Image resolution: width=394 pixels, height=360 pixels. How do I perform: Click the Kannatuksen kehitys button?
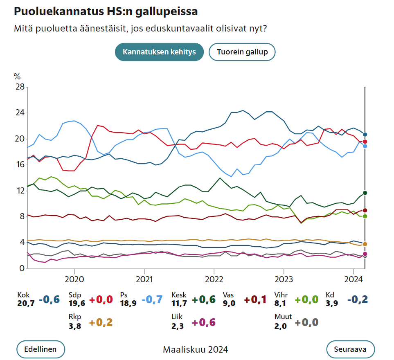click(x=159, y=52)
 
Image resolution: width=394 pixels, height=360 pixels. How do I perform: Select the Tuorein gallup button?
click(x=242, y=52)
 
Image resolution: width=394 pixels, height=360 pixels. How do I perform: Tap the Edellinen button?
click(x=41, y=349)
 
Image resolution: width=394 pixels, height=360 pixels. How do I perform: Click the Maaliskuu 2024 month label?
click(x=196, y=349)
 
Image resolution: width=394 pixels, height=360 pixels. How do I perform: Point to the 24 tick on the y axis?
click(x=19, y=113)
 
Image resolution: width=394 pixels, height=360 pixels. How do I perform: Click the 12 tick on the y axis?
click(x=19, y=191)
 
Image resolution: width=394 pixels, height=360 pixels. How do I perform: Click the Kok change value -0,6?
click(x=50, y=299)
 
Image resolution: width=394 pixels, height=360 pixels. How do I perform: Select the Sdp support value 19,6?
click(x=77, y=303)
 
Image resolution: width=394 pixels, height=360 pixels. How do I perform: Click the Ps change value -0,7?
click(x=152, y=299)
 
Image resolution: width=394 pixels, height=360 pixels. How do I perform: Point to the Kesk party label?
click(x=179, y=295)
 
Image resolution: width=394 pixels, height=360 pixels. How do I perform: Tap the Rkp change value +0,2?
click(x=101, y=322)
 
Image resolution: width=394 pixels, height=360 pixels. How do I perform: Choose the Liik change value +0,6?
click(x=204, y=322)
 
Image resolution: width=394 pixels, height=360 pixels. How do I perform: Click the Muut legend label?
click(x=283, y=317)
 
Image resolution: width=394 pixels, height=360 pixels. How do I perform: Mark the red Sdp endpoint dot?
click(x=365, y=142)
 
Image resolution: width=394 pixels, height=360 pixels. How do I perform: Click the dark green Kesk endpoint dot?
click(x=365, y=193)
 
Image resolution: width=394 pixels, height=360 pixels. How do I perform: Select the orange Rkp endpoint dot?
click(x=365, y=244)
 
